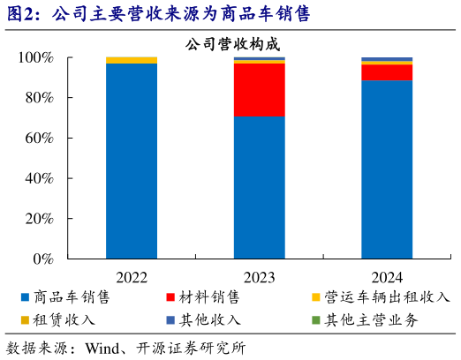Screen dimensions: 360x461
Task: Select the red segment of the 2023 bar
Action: tap(259, 89)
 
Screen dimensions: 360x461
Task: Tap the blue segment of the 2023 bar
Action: tap(259, 187)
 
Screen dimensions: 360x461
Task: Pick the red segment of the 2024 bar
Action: tap(386, 72)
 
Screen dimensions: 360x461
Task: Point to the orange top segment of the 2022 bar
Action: tap(132, 60)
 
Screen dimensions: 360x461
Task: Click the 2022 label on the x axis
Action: tap(132, 275)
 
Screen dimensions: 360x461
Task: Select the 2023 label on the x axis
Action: tap(259, 275)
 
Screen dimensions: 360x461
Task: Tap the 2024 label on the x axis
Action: tap(386, 275)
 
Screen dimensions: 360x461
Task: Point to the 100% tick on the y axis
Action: tap(36, 57)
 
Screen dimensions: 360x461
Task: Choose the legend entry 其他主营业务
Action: tap(368, 319)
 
